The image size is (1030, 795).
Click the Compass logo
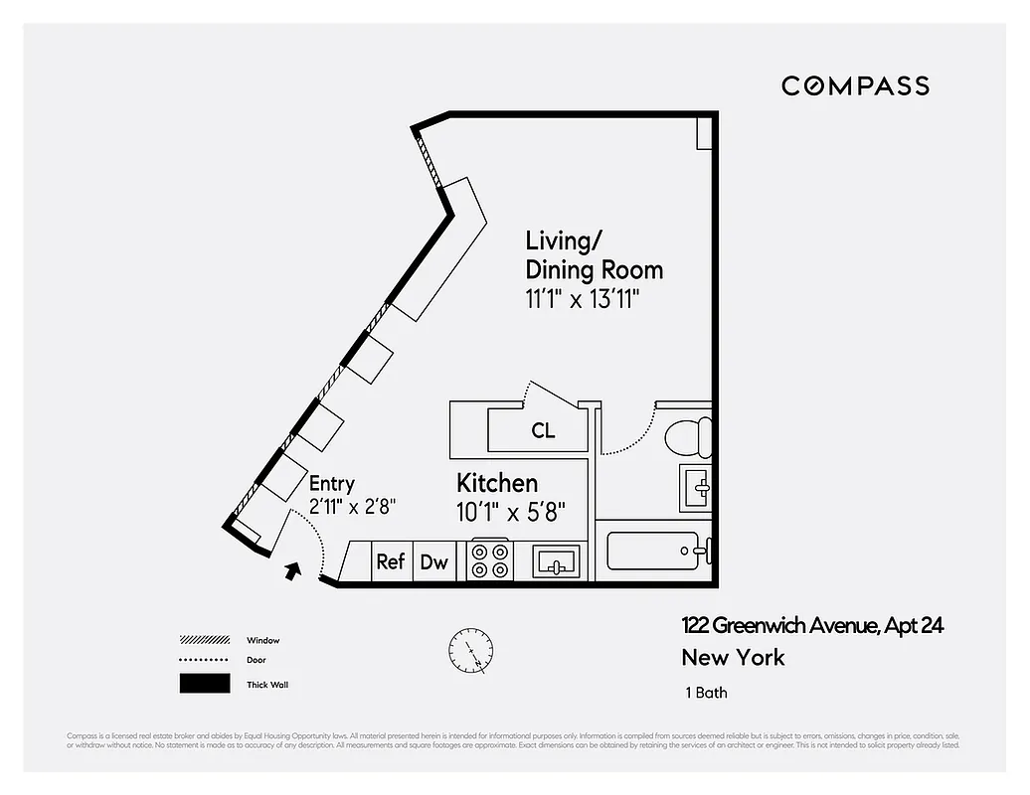pyautogui.click(x=855, y=86)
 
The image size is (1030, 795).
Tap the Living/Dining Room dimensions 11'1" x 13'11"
pyautogui.click(x=582, y=300)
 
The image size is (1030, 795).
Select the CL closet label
pyautogui.click(x=543, y=431)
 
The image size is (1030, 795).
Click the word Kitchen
pyautogui.click(x=497, y=484)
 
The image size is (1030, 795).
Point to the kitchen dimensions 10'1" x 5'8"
pyautogui.click(x=511, y=513)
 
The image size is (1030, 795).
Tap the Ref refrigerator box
pyautogui.click(x=391, y=561)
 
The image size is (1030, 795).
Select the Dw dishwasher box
pyautogui.click(x=433, y=561)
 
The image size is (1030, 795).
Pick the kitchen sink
pyautogui.click(x=557, y=562)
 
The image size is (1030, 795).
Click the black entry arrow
pyautogui.click(x=292, y=570)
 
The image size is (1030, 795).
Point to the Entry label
pyautogui.click(x=331, y=484)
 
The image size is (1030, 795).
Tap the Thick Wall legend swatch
pyautogui.click(x=205, y=684)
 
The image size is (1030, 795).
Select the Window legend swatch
pyautogui.click(x=205, y=640)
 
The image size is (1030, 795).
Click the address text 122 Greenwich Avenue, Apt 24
pyautogui.click(x=812, y=626)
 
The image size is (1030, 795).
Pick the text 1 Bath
pyautogui.click(x=706, y=693)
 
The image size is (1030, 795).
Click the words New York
pyautogui.click(x=733, y=658)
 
